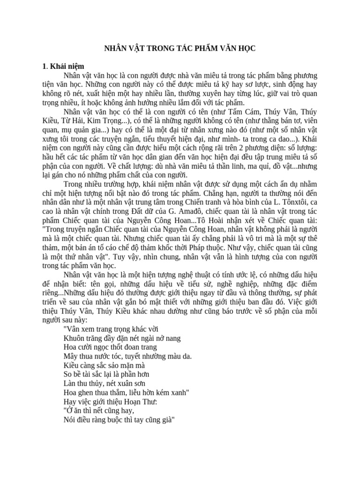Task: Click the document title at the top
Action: (180, 49)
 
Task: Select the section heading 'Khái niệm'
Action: (67, 66)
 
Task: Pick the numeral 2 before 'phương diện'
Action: (234, 148)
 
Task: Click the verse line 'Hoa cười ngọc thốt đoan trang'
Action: (110, 347)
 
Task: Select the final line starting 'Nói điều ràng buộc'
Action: (119, 420)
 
